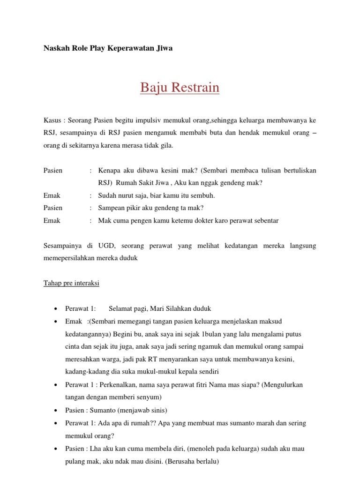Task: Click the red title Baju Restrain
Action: pyautogui.click(x=180, y=88)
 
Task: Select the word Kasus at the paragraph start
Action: pyautogui.click(x=52, y=120)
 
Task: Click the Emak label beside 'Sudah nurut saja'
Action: pyautogui.click(x=52, y=195)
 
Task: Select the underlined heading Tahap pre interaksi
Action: pyautogui.click(x=71, y=284)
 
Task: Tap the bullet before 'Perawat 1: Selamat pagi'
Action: pyautogui.click(x=55, y=309)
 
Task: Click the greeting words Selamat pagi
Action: pyautogui.click(x=127, y=308)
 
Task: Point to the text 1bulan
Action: pyautogui.click(x=211, y=334)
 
